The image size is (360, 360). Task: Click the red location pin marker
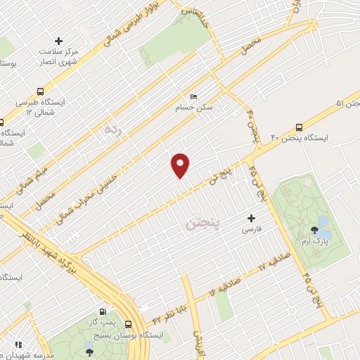(x=181, y=164)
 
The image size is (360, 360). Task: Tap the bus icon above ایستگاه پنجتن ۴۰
(x=300, y=127)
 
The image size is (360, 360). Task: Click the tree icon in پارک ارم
(x=314, y=230)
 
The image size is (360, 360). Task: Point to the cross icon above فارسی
(x=251, y=219)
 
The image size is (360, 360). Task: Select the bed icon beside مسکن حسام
(x=194, y=97)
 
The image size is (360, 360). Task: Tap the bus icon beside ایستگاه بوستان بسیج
(x=128, y=324)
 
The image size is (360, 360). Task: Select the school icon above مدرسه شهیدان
(x=18, y=345)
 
